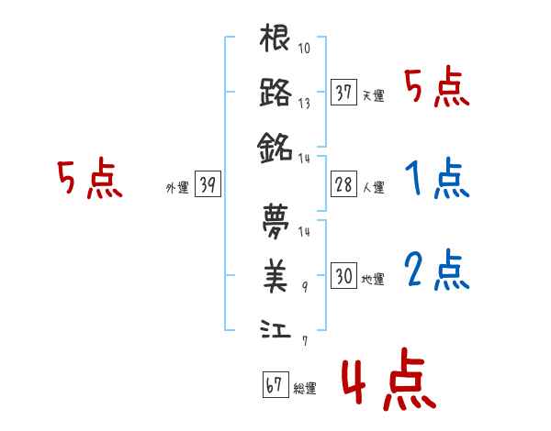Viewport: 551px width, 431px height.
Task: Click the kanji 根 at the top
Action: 275,39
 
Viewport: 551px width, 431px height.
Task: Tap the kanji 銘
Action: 275,146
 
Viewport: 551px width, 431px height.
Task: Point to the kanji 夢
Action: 275,221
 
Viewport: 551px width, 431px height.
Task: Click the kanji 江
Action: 275,327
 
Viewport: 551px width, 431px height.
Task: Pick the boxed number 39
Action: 208,185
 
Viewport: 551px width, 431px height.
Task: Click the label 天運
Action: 373,96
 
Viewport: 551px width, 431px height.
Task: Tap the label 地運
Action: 373,278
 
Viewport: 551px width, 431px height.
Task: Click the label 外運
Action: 177,188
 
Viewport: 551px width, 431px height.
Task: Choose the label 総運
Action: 305,389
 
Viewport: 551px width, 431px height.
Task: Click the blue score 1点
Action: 436,181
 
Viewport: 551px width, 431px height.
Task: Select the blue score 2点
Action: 436,271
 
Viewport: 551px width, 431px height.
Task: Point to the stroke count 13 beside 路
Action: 305,104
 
